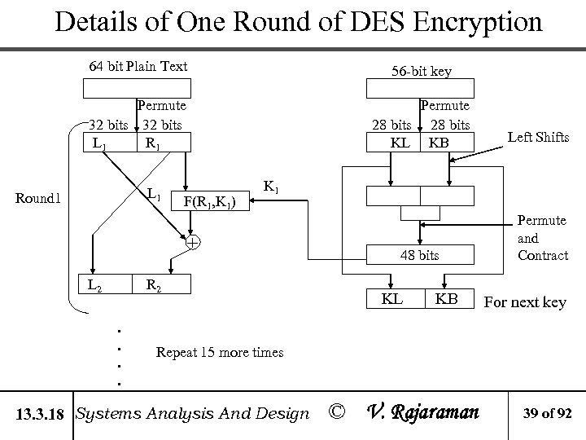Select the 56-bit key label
[421, 71]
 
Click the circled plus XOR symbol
[192, 243]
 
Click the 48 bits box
[419, 255]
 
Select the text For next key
[525, 302]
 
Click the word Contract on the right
[542, 255]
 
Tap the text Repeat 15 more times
[219, 352]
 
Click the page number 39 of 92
[549, 413]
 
